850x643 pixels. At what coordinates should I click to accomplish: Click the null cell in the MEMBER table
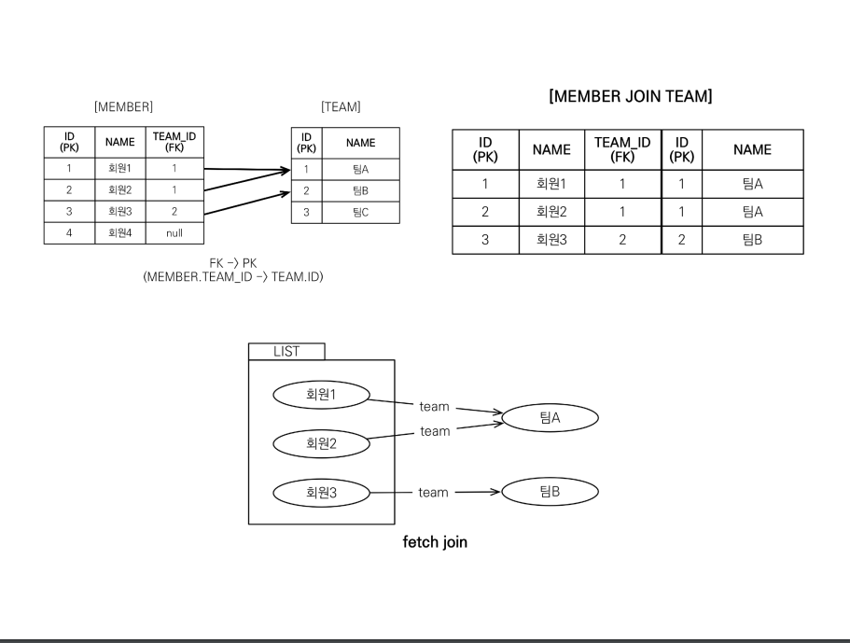point(174,233)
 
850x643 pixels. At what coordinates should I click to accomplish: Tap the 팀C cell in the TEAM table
point(360,213)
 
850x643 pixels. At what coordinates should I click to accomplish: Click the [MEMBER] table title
point(123,107)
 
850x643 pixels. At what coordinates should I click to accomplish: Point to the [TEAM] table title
point(341,107)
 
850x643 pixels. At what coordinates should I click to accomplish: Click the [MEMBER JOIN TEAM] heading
point(632,96)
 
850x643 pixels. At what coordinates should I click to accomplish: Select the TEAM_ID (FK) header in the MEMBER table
point(174,142)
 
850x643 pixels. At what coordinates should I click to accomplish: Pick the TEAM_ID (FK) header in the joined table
point(621,149)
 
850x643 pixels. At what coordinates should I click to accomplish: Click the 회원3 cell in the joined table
point(552,240)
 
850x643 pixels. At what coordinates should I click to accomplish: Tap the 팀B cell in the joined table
point(753,240)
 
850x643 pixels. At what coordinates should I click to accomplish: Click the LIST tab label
point(286,351)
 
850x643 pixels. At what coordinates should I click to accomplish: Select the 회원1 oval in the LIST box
point(320,394)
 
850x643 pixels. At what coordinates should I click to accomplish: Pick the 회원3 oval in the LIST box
point(320,492)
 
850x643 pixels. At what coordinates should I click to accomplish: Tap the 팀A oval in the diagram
point(550,418)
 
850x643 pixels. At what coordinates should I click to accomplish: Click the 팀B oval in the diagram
point(550,492)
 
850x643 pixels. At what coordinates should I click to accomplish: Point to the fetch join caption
point(435,542)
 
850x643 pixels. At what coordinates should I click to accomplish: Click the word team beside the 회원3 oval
point(433,492)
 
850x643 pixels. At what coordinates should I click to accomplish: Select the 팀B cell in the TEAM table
point(360,191)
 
